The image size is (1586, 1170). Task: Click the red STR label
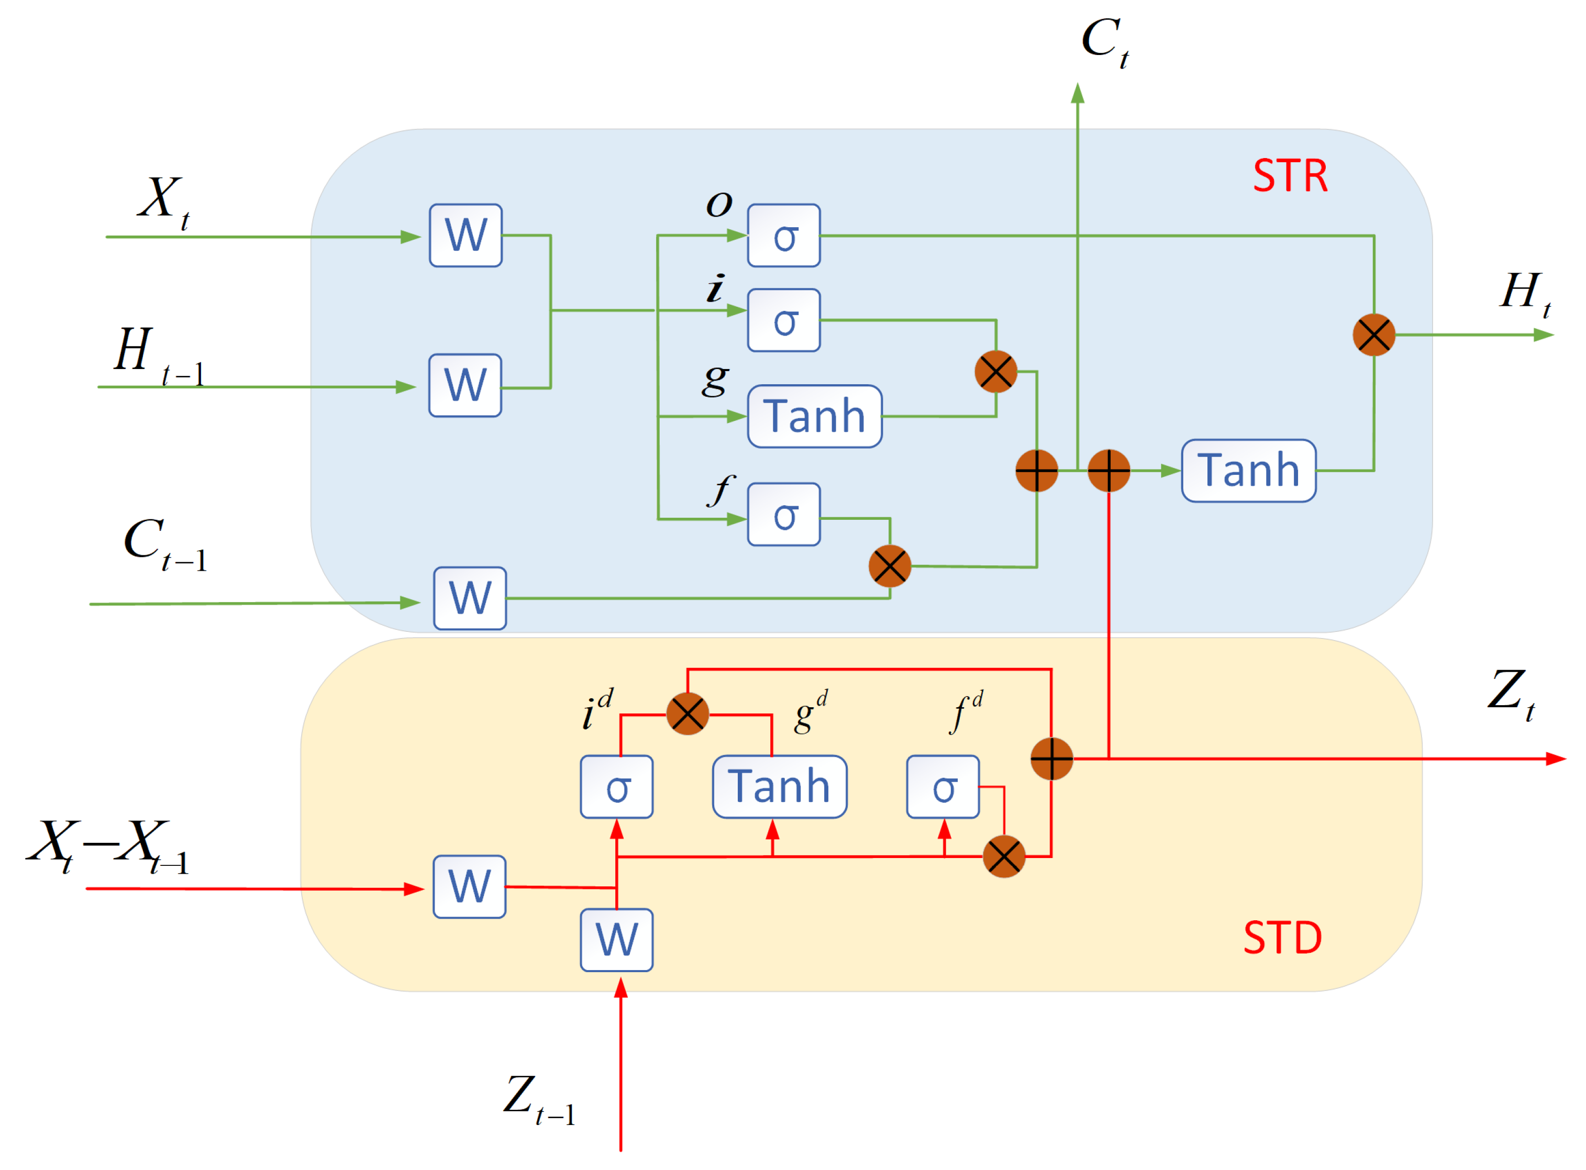[x=1291, y=176]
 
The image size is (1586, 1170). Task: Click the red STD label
[x=1283, y=939]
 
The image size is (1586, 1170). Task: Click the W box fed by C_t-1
[x=470, y=598]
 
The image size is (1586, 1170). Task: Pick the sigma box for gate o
[x=784, y=236]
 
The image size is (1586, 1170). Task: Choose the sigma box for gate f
[x=784, y=515]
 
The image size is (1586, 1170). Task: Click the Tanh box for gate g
[x=815, y=417]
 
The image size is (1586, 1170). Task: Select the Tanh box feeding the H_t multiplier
[x=1249, y=471]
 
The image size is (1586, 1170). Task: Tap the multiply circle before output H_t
[x=1374, y=335]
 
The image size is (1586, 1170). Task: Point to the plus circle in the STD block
[x=1052, y=759]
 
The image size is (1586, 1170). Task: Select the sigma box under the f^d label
[x=944, y=787]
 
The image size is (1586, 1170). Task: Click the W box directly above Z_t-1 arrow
[x=617, y=941]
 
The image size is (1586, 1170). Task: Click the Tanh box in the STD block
[x=780, y=787]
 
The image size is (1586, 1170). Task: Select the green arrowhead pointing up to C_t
[x=1078, y=94]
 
